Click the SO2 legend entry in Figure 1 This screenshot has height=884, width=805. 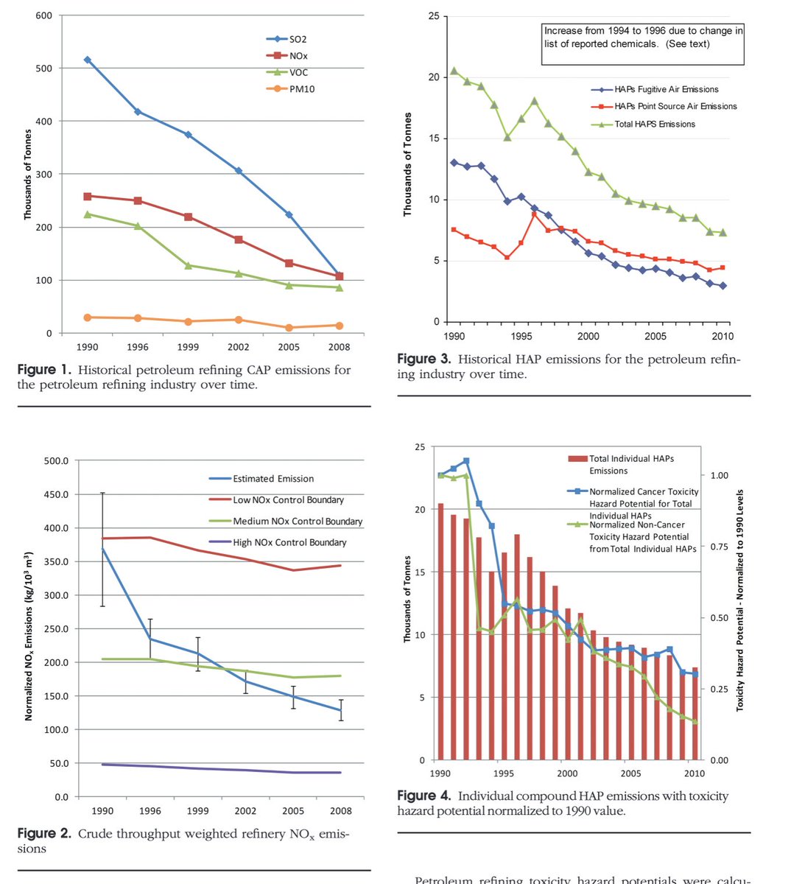287,39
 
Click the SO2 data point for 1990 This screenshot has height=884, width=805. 88,60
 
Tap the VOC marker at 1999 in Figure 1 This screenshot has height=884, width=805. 189,265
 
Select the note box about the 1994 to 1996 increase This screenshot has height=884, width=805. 643,38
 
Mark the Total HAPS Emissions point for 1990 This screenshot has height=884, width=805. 454,71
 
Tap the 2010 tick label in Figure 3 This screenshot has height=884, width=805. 723,337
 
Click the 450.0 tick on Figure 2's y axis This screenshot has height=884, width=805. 56,494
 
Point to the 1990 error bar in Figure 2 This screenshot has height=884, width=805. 102,549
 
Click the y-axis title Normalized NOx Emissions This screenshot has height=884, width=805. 29,635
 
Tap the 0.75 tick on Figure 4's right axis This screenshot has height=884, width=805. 717,547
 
